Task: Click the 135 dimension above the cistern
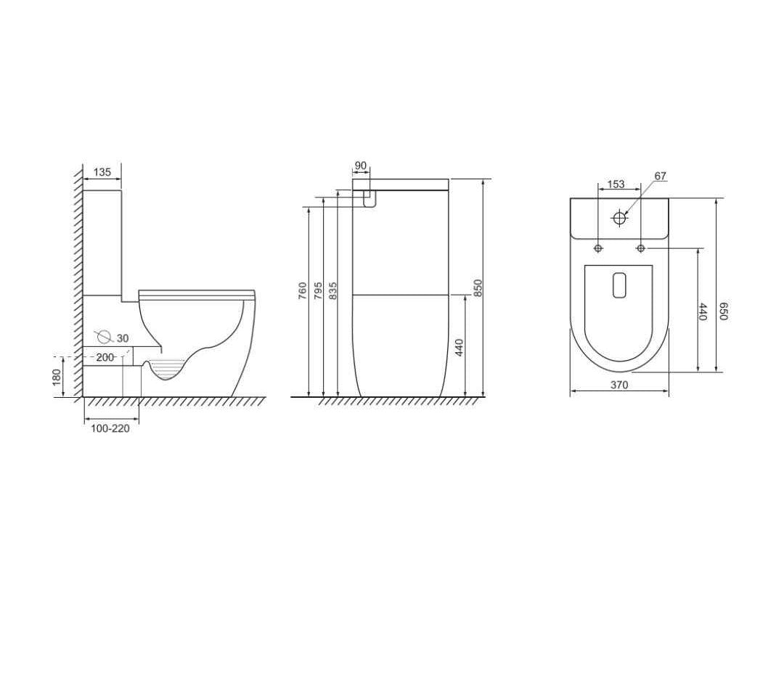coord(102,172)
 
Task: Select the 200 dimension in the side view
coord(105,357)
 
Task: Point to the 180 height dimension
coord(57,377)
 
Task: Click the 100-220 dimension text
coord(110,428)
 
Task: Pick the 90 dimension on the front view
coord(361,166)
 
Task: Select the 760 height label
coord(303,292)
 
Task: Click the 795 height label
coord(318,292)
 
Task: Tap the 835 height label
coord(333,292)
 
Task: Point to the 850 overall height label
coord(478,287)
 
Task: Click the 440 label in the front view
coord(459,347)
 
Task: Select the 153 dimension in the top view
coord(616,184)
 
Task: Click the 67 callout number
coord(660,176)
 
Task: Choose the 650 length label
coord(723,311)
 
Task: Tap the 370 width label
coord(618,385)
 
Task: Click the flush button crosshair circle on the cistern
coord(619,218)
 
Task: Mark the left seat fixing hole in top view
coord(598,248)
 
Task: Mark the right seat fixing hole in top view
coord(640,248)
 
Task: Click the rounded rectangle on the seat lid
coord(619,285)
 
